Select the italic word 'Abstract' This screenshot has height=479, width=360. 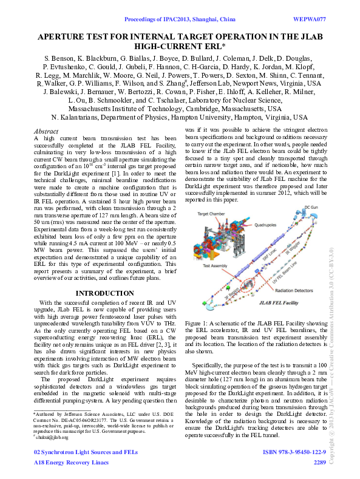pyautogui.click(x=47, y=131)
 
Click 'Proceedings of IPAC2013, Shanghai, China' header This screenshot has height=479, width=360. pyautogui.click(x=180, y=19)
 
